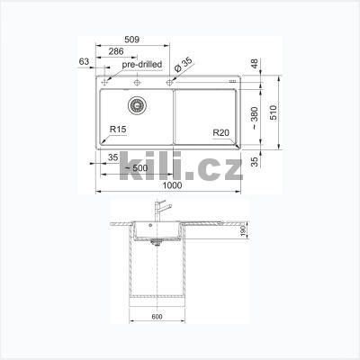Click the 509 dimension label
[x=131, y=40]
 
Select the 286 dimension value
[x=116, y=51]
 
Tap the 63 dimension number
[x=84, y=61]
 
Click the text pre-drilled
[x=142, y=64]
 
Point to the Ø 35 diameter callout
[x=183, y=65]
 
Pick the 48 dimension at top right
[x=255, y=64]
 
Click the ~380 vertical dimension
[x=255, y=118]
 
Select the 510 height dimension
[x=274, y=112]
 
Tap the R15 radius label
[x=118, y=130]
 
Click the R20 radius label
[x=221, y=132]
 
